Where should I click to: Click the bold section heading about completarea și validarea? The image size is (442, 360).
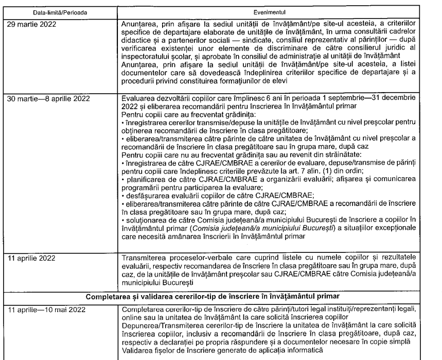221,297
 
